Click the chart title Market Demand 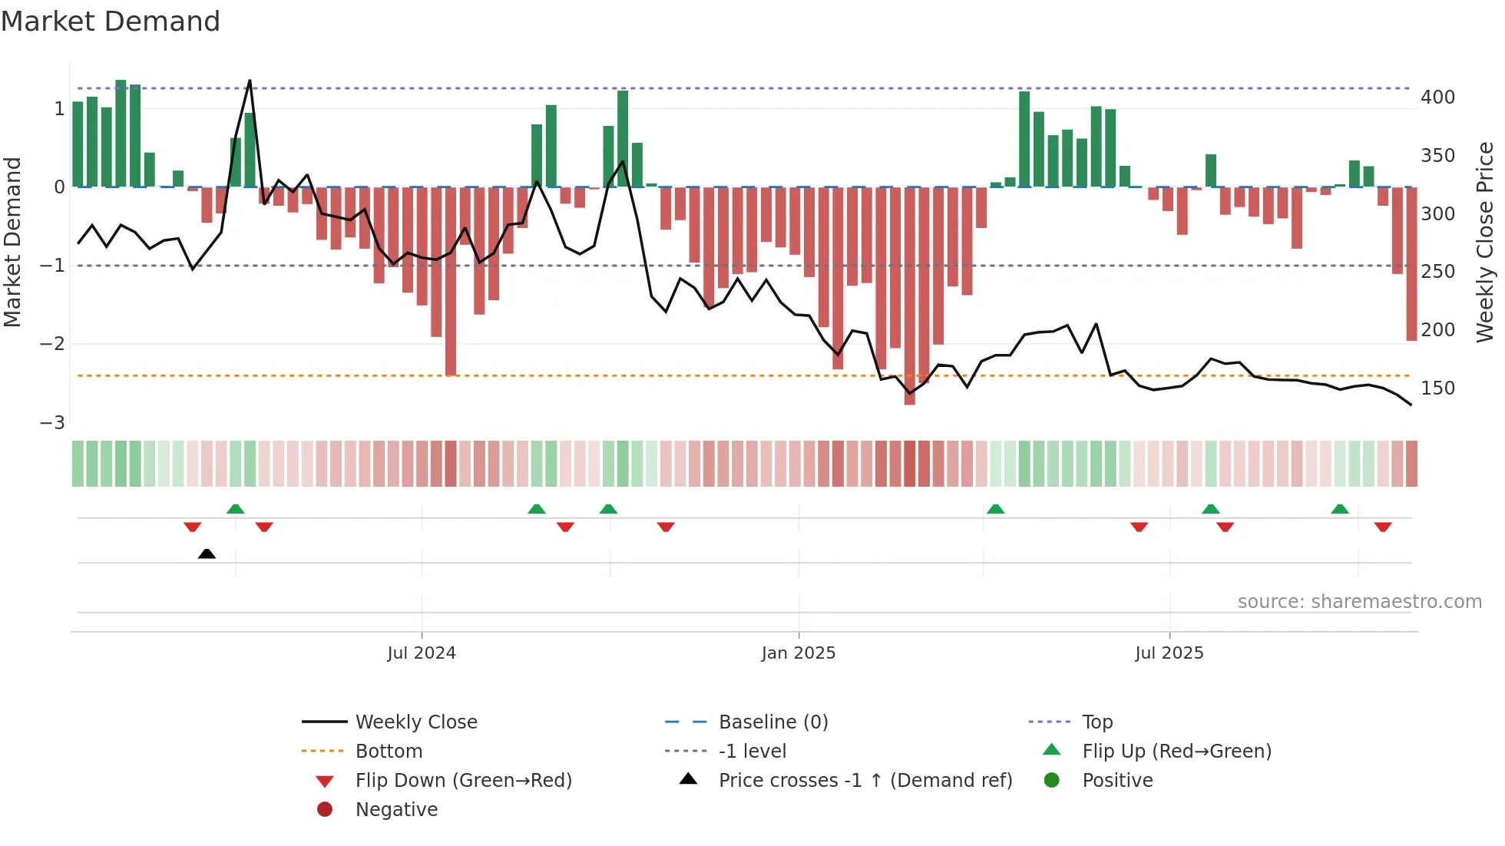[111, 21]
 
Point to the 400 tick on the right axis [1437, 97]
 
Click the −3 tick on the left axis [52, 423]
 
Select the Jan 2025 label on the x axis [798, 653]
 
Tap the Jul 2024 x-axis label [421, 653]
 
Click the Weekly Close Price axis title [1485, 242]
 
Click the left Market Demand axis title [12, 242]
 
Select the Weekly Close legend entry [415, 722]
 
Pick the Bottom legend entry [389, 752]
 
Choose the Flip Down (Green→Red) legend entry [463, 781]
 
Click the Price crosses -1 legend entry [865, 781]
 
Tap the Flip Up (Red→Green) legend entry [1176, 752]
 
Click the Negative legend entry [396, 810]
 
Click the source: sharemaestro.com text [1359, 602]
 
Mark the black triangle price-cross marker [207, 554]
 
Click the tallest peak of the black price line [250, 81]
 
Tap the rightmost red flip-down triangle [1383, 527]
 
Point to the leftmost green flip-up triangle [236, 509]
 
